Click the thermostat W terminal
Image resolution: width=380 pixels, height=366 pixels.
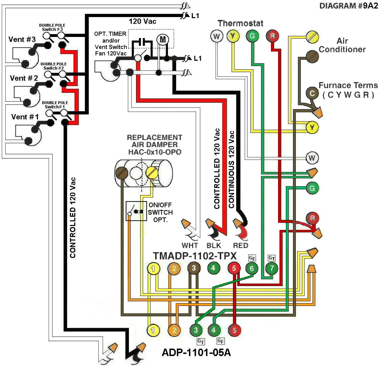(216, 36)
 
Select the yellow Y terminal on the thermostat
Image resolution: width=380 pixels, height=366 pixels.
(233, 36)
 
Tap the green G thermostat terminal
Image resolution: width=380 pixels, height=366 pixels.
(252, 36)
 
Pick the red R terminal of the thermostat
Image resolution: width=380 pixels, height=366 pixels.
(272, 36)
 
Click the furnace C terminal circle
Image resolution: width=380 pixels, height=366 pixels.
(312, 93)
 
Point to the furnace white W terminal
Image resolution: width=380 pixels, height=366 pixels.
(312, 157)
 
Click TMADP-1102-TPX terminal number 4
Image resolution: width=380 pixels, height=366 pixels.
(213, 268)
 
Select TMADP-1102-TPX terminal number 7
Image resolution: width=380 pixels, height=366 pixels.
(272, 269)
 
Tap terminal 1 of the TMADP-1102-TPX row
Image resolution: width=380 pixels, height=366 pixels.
(153, 269)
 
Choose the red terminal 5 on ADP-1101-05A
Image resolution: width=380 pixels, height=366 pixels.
(234, 330)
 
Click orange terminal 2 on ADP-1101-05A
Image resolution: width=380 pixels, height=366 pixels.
(174, 330)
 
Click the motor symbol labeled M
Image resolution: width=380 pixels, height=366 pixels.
(163, 39)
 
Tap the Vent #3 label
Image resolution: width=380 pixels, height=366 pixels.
(22, 39)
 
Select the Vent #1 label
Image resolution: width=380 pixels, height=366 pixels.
(24, 117)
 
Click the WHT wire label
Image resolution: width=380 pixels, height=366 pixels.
(190, 245)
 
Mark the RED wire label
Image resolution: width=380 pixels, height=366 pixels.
(240, 245)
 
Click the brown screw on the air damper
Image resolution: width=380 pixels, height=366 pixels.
(121, 173)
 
